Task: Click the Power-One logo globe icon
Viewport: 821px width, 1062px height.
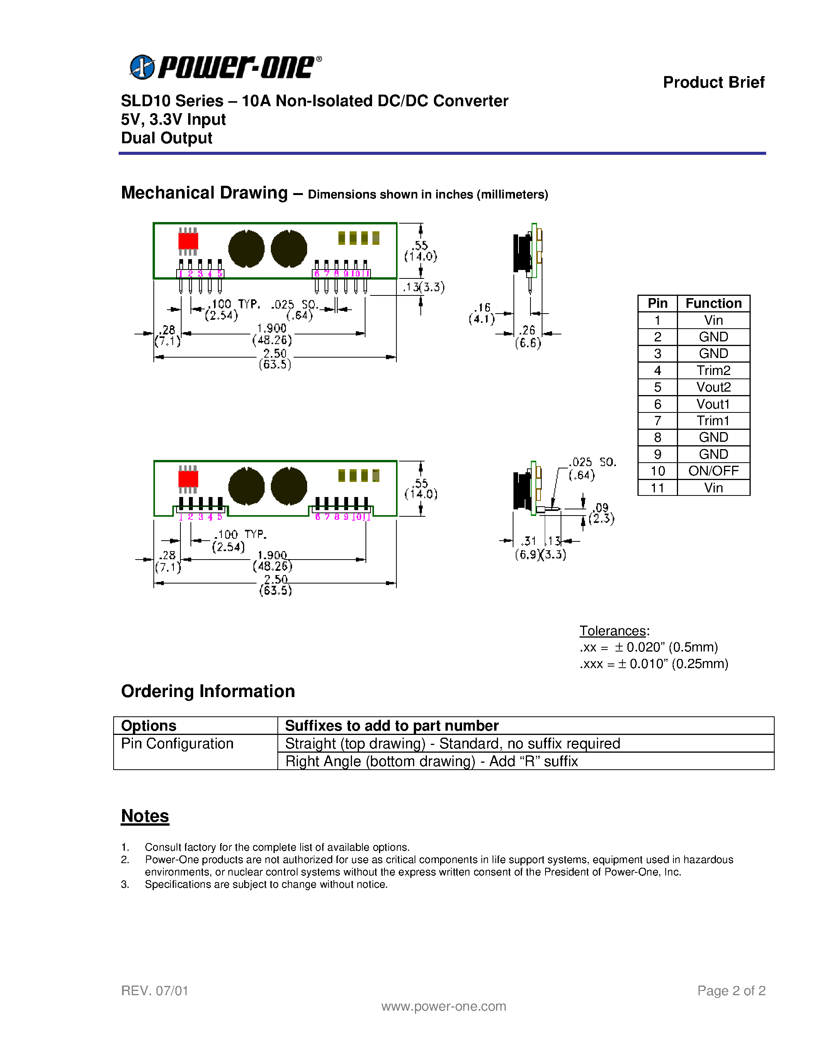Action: (142, 67)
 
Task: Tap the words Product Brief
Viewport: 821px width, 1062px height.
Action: (713, 82)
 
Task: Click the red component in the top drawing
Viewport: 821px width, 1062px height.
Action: (188, 241)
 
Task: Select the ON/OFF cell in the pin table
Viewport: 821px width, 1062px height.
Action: (713, 471)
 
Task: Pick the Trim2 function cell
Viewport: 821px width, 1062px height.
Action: (713, 370)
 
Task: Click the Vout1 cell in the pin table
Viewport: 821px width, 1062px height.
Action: (713, 404)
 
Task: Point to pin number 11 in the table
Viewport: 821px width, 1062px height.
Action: (657, 488)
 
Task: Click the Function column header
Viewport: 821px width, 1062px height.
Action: (713, 304)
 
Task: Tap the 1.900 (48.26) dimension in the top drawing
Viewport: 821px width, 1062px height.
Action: (272, 334)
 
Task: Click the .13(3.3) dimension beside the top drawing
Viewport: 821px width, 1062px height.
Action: (423, 287)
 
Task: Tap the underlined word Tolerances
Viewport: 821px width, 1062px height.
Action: (612, 631)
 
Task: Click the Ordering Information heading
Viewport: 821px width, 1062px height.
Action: (208, 691)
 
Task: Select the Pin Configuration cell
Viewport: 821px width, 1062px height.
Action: (177, 743)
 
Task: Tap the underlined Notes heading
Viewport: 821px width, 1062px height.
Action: (145, 816)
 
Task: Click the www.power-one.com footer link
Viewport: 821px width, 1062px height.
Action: (443, 1006)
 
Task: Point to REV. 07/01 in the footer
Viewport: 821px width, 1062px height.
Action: (155, 991)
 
